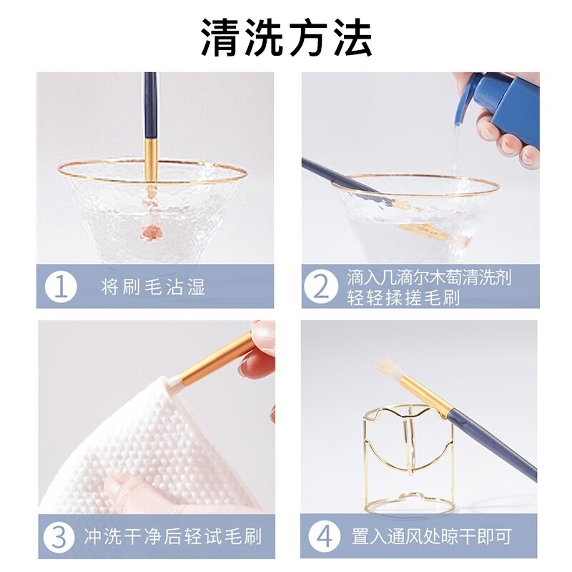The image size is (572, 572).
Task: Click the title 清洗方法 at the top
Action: [x=287, y=38]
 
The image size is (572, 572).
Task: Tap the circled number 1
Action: [x=61, y=287]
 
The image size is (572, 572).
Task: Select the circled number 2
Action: [x=320, y=287]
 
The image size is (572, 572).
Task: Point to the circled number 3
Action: [x=59, y=537]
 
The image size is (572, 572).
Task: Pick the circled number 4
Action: [x=325, y=536]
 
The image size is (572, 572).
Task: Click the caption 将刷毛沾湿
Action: [x=153, y=287]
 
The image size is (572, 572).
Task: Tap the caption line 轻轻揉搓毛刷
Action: [x=403, y=297]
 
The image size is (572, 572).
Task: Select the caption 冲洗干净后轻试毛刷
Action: [x=173, y=537]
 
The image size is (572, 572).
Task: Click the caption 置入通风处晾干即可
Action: [x=432, y=536]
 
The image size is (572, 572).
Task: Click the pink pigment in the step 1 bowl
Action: [x=152, y=232]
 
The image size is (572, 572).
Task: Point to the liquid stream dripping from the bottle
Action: [x=455, y=149]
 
